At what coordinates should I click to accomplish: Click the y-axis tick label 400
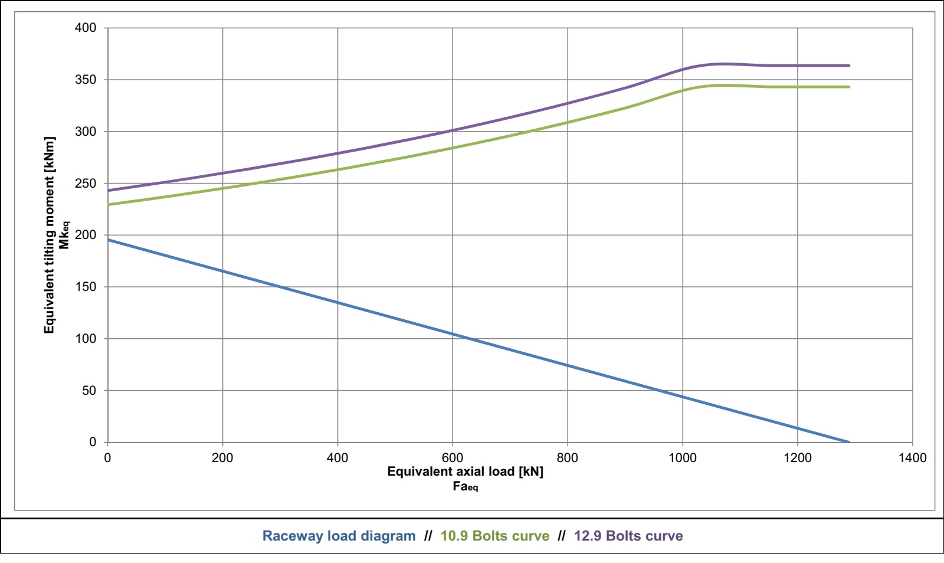click(x=85, y=28)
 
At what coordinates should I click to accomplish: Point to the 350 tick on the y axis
click(x=85, y=80)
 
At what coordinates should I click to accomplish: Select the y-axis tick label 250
click(x=85, y=184)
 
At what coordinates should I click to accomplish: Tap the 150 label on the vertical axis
click(x=85, y=287)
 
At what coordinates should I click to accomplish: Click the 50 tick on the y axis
click(x=88, y=391)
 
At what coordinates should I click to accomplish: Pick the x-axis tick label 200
click(x=222, y=458)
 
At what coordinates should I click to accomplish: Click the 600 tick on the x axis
click(x=453, y=458)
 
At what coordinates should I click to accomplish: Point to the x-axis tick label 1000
click(x=682, y=458)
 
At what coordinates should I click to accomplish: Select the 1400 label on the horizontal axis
click(x=912, y=458)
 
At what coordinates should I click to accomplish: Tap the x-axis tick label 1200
click(x=797, y=458)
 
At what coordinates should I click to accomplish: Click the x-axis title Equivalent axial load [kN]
click(x=465, y=472)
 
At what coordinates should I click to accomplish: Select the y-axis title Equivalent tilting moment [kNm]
click(x=50, y=235)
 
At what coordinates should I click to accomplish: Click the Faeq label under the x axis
click(x=465, y=487)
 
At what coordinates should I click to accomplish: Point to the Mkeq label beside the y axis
click(x=64, y=235)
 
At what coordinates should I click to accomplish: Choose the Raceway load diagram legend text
click(x=339, y=536)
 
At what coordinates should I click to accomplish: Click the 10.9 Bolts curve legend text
click(x=494, y=536)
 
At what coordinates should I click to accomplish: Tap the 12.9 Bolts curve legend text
click(x=628, y=536)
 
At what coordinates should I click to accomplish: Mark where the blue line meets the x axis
click(x=849, y=442)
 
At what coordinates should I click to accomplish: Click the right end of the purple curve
click(x=849, y=66)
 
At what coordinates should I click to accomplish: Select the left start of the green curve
click(x=109, y=205)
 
